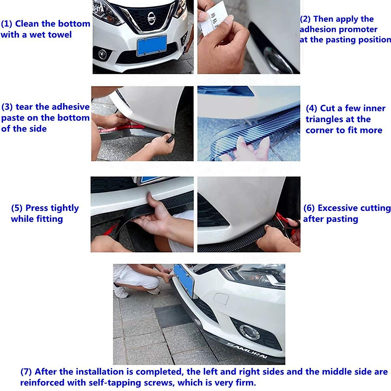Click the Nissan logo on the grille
pos(151,18)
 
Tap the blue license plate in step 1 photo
pos(152,45)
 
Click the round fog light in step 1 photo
pos(102,54)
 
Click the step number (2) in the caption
pos(305,19)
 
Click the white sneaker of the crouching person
pos(121,292)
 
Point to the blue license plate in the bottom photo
pos(183,280)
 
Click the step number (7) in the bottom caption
pos(26,372)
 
